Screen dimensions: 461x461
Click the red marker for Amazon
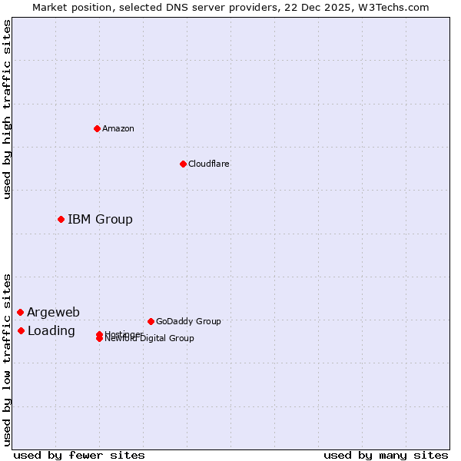tap(97, 128)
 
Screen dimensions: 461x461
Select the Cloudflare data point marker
tap(183, 164)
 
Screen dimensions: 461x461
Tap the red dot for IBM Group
tap(61, 220)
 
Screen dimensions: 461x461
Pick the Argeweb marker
tap(20, 312)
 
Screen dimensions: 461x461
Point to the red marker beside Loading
tap(21, 331)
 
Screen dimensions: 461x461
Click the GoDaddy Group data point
tap(151, 321)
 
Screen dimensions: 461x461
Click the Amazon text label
tap(118, 128)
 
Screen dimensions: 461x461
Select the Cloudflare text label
tap(209, 164)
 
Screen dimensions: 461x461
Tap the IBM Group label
tap(100, 220)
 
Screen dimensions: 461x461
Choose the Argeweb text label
tap(53, 312)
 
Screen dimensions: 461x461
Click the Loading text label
tap(51, 331)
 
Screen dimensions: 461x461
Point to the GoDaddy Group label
tap(188, 321)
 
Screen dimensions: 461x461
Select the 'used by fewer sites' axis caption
tap(79, 456)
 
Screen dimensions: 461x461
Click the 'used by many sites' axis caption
tap(386, 456)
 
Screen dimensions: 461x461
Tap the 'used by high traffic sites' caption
tap(8, 109)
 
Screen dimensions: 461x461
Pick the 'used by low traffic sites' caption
tap(8, 360)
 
